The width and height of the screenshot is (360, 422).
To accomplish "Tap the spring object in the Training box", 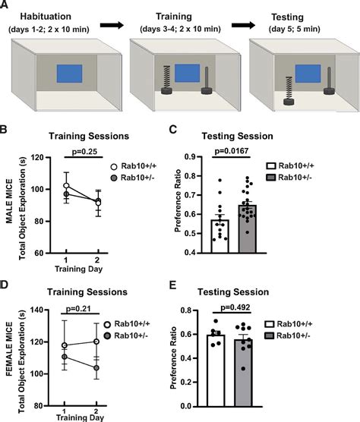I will pyautogui.click(x=162, y=78).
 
